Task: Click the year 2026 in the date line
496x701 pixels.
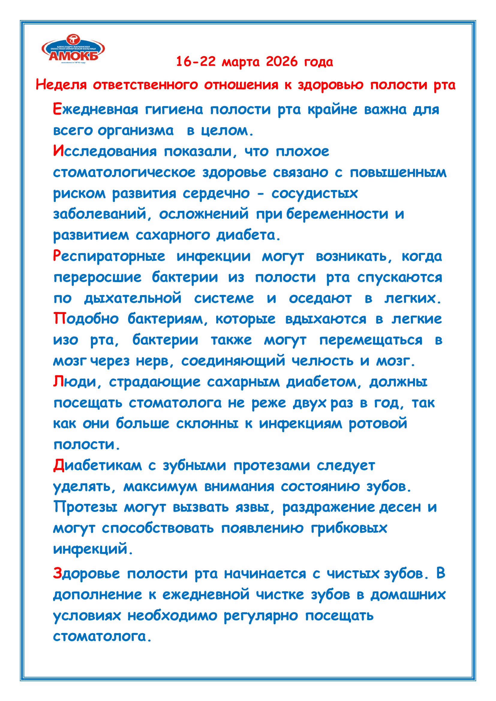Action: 282,62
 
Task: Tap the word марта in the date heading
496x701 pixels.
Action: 241,62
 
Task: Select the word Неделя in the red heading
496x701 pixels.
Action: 61,85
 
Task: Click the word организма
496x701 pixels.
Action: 135,131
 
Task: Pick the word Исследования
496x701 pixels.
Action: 105,151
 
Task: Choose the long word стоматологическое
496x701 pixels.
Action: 124,173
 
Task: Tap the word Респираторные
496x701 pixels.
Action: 109,256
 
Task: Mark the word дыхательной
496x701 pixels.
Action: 133,298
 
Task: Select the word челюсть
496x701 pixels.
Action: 322,361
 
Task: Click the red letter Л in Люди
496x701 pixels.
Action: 58,382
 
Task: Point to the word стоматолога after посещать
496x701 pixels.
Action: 175,403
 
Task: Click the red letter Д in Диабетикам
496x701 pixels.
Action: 58,466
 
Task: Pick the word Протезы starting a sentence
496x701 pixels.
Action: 85,507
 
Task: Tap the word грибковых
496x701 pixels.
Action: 349,528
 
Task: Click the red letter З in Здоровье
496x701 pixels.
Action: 57,573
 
